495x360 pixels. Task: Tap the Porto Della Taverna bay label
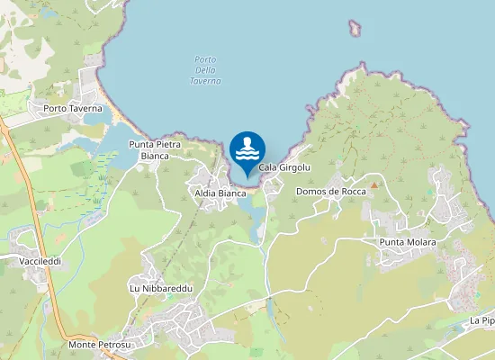coord(205,70)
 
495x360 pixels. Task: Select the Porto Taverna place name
coord(74,109)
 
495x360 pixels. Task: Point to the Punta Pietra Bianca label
coord(155,150)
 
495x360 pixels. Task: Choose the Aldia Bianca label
coord(220,193)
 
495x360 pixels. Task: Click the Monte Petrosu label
coord(100,345)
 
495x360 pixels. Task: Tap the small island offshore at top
coord(355,29)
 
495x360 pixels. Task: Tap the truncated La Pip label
coord(481,320)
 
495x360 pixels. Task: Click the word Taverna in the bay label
coord(205,81)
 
